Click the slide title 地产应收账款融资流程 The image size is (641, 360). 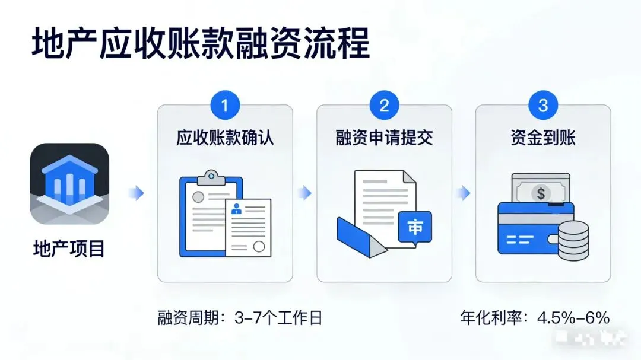[x=201, y=44]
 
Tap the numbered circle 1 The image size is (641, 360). [x=224, y=106]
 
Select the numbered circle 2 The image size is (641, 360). [x=384, y=106]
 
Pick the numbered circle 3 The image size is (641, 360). [x=543, y=106]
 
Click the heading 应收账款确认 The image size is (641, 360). [x=225, y=138]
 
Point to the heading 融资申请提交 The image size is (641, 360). [x=384, y=138]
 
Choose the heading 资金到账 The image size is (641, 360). [x=543, y=138]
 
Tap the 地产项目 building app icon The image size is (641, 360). [x=70, y=183]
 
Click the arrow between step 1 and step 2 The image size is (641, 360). [x=304, y=193]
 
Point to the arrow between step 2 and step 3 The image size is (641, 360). [x=464, y=193]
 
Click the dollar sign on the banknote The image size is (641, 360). [x=540, y=193]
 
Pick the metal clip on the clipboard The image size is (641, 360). [x=211, y=177]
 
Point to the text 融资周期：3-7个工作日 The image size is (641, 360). [x=240, y=318]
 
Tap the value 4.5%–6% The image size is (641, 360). [x=573, y=318]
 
